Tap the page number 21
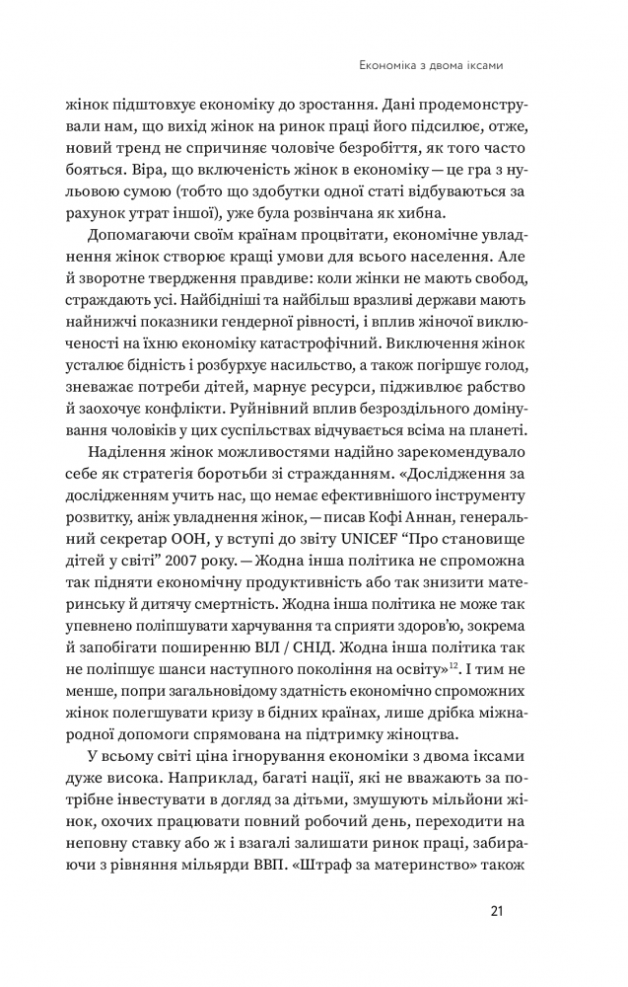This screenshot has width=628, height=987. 497,911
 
